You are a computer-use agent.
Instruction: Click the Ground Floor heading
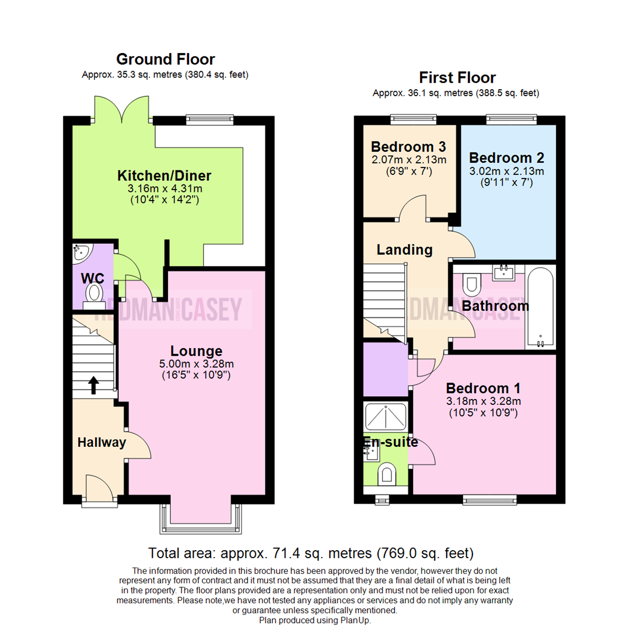click(165, 59)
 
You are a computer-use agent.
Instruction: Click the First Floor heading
click(457, 78)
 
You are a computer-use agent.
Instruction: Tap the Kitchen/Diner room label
click(164, 176)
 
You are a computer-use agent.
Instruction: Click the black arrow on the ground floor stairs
click(93, 384)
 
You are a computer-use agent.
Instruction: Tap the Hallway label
click(101, 443)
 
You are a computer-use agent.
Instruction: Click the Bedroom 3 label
click(408, 146)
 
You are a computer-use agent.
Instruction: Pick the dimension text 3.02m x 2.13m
click(506, 171)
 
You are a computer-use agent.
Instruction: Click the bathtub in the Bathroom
click(541, 306)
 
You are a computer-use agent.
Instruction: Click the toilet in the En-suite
click(386, 474)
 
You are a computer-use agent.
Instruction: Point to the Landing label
click(404, 250)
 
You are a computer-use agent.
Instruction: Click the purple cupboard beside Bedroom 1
click(385, 369)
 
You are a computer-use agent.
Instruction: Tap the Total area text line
click(310, 553)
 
